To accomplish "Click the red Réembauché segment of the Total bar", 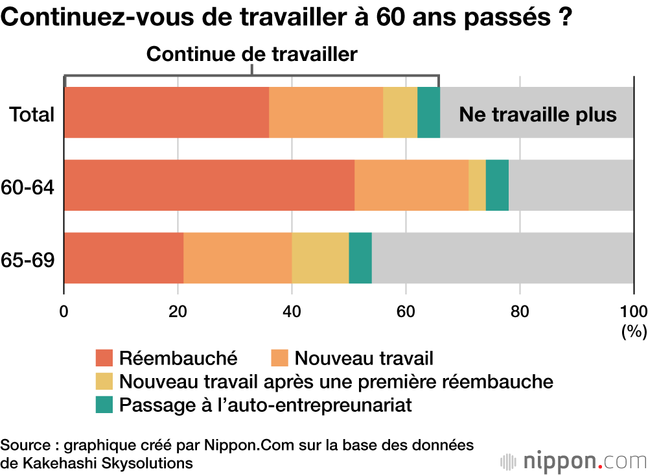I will point(167,112).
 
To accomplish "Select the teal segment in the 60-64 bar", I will point(497,185).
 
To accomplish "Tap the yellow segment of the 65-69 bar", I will point(320,257).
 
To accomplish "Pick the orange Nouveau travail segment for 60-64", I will point(411,185).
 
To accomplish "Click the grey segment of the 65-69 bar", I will point(502,257).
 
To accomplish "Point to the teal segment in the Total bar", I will point(428,112).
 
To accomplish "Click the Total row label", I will point(31,115).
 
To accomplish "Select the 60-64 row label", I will point(27,188).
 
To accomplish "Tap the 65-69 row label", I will point(27,260).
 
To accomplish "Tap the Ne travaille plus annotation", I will point(538,115).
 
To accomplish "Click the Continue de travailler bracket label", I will point(252,54).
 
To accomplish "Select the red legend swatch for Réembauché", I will point(104,357).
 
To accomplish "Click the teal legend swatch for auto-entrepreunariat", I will point(104,405).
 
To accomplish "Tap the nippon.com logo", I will point(573,461).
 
